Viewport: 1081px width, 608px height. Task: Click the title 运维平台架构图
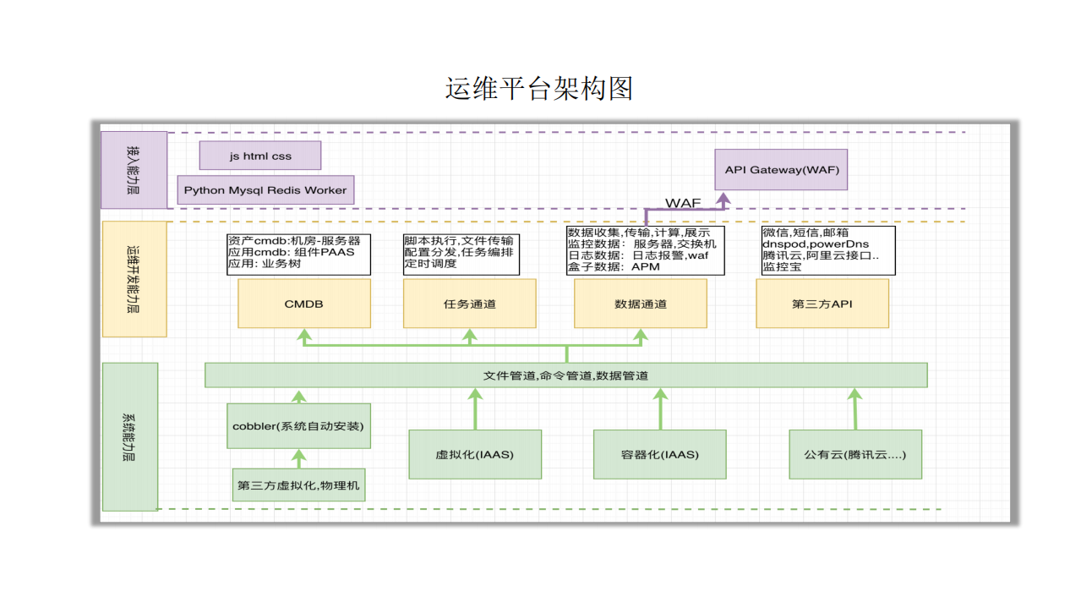pos(539,88)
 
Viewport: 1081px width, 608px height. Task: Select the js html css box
pos(260,156)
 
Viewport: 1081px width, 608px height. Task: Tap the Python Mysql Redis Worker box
pos(265,190)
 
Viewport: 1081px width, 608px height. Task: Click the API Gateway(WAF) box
pos(781,170)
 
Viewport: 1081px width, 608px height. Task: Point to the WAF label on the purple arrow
pos(683,203)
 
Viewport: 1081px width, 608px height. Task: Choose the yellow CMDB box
pos(304,304)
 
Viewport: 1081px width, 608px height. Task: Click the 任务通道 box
pos(470,304)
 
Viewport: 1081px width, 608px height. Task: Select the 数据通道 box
pos(641,304)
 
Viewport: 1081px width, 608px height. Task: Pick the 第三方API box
pos(822,304)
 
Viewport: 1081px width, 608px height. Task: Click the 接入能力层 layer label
pos(134,169)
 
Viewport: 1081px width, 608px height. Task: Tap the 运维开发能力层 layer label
pos(134,279)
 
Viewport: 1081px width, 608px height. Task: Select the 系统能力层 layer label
pos(130,436)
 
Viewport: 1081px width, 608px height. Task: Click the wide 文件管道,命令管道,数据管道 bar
pos(565,375)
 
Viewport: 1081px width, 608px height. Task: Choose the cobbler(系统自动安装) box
pos(299,426)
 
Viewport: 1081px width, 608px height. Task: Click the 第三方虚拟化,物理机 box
pos(298,485)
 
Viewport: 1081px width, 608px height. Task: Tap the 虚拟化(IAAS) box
pos(474,454)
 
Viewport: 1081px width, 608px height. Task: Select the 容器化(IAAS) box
pos(659,454)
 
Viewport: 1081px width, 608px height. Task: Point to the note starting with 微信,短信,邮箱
pos(827,249)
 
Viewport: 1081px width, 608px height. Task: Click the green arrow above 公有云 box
pos(855,408)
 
